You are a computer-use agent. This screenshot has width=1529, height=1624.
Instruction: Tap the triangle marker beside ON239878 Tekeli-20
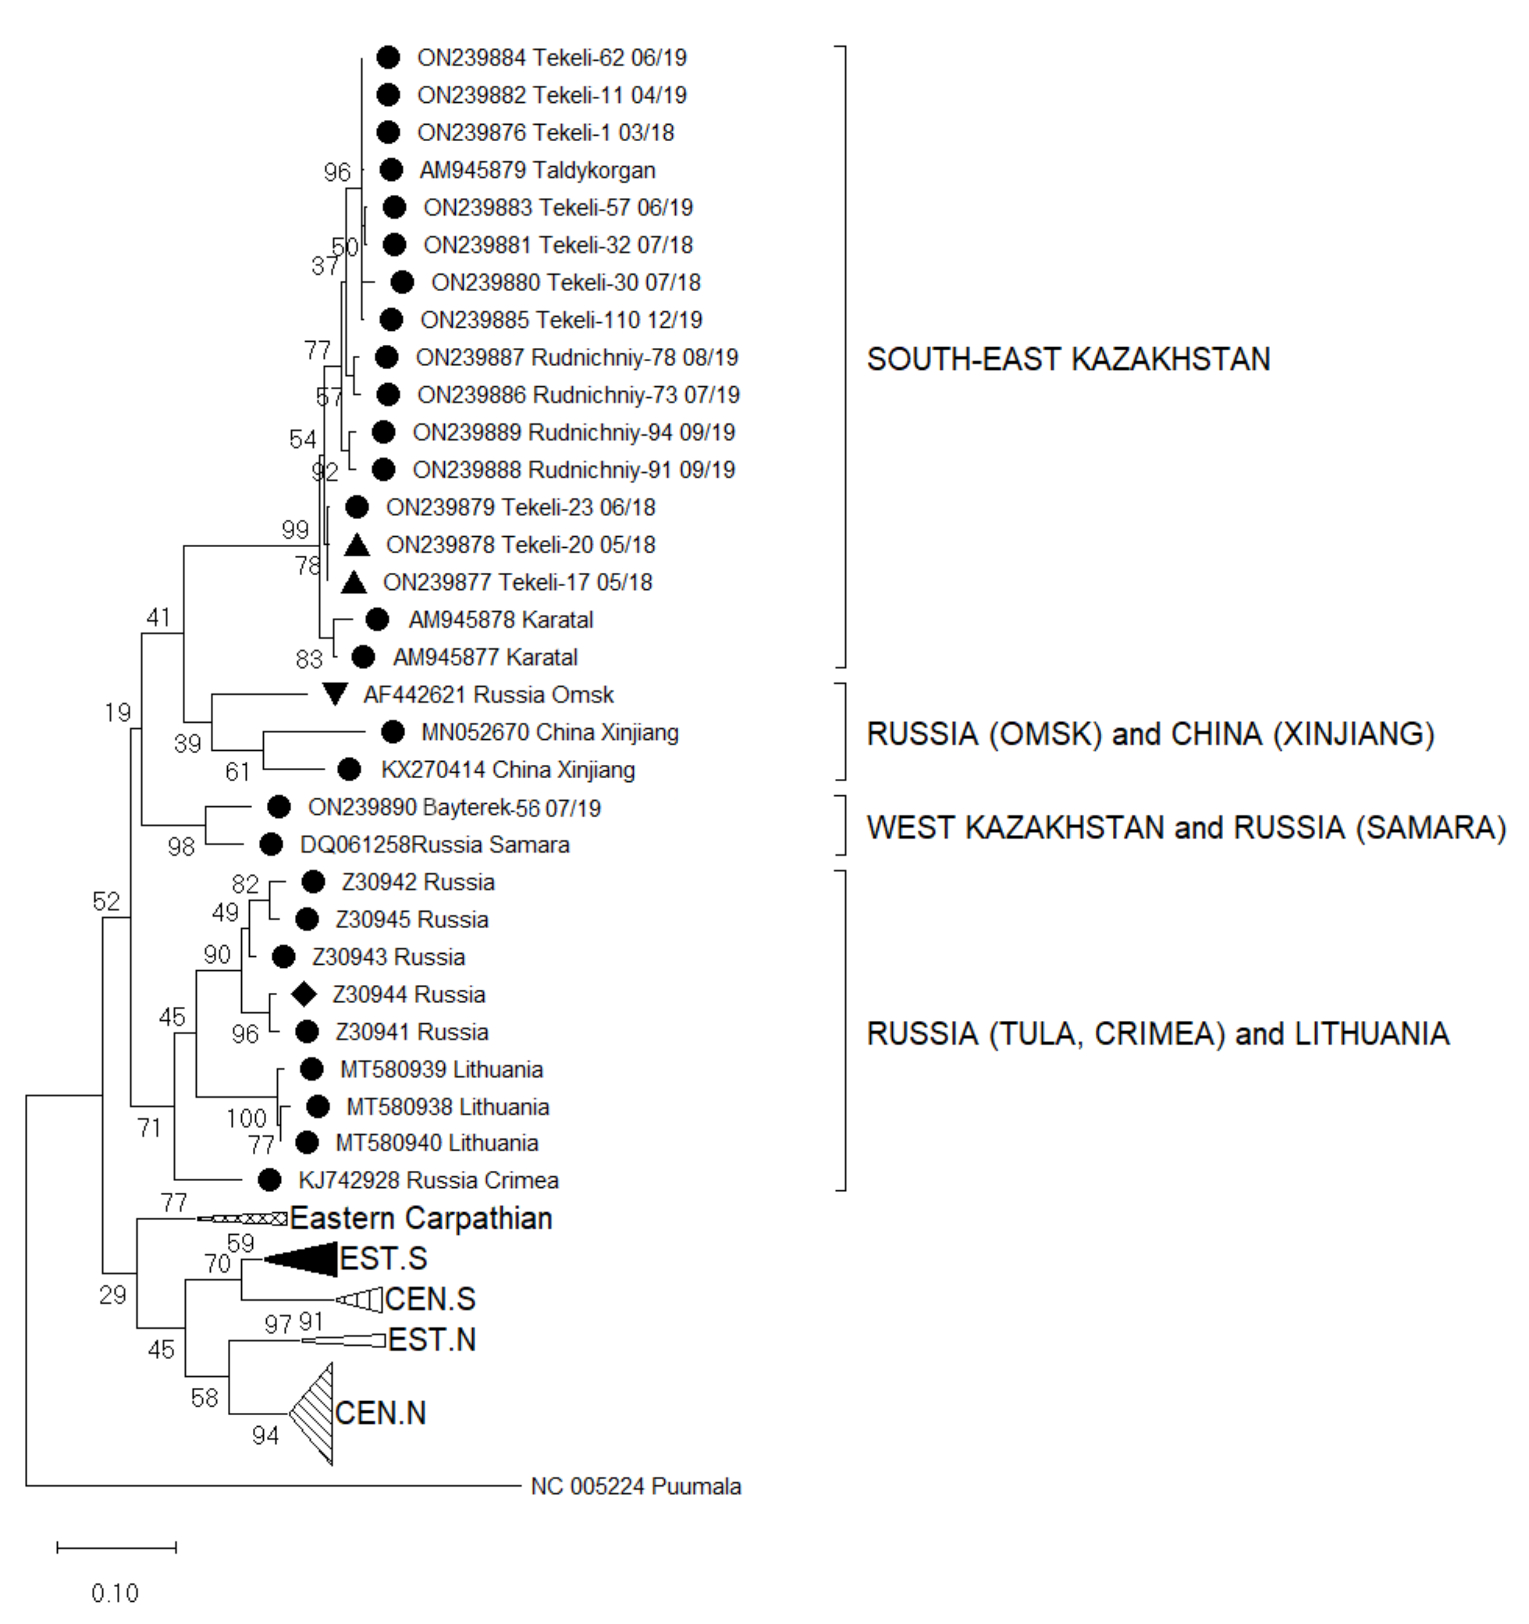click(357, 545)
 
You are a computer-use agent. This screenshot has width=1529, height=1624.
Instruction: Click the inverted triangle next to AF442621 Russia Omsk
click(334, 694)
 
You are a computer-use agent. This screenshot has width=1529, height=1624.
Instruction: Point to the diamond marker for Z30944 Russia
click(304, 994)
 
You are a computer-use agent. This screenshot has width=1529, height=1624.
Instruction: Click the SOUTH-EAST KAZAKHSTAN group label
click(1068, 359)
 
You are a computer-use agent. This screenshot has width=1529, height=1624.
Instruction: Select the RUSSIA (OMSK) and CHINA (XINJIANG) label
click(1150, 734)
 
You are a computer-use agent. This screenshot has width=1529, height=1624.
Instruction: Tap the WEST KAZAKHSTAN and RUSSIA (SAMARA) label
click(1186, 828)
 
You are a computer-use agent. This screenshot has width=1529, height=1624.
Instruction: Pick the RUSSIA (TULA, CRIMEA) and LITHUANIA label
click(1157, 1033)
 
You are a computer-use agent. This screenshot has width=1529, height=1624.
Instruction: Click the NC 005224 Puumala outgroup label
click(635, 1486)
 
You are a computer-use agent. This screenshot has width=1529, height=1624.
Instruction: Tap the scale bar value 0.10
click(115, 1592)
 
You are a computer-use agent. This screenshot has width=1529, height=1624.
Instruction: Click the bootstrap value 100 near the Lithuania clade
click(246, 1117)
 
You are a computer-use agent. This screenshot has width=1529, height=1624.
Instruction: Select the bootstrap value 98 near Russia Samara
click(181, 846)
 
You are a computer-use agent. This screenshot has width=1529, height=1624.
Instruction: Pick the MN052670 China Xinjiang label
click(550, 732)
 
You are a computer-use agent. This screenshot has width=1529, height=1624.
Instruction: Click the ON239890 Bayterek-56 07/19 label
click(454, 808)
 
